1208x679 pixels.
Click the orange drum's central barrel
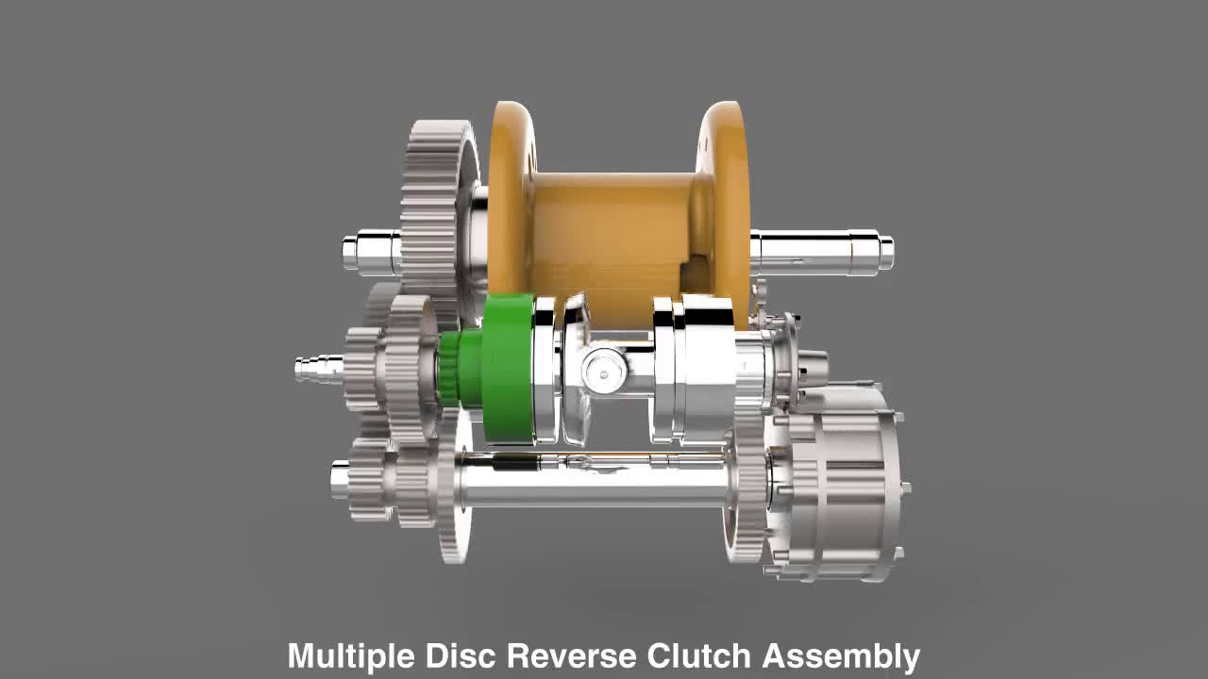click(x=613, y=226)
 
